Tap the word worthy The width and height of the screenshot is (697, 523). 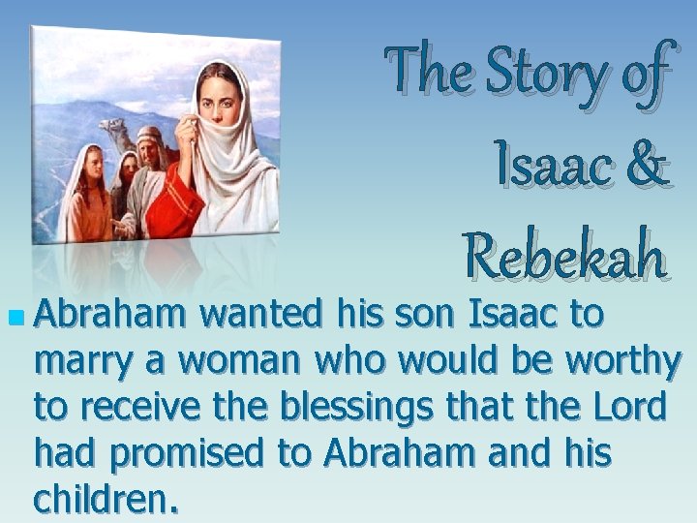pyautogui.click(x=621, y=362)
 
